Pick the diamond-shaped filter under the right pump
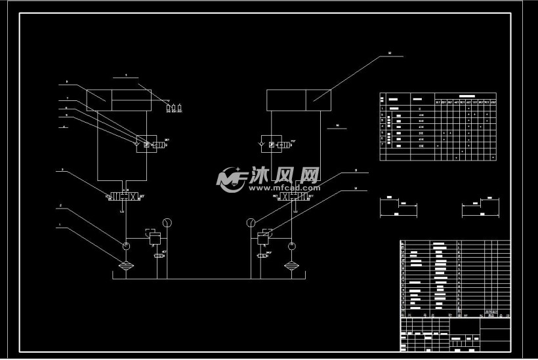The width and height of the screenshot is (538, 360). pyautogui.click(x=291, y=266)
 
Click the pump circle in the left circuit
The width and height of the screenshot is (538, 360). pyautogui.click(x=126, y=245)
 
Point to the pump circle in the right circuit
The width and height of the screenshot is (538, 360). pyautogui.click(x=291, y=245)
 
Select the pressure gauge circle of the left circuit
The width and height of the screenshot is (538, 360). pyautogui.click(x=167, y=222)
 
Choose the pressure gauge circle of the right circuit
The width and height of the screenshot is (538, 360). pyautogui.click(x=251, y=223)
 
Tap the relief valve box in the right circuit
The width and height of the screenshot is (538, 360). pyautogui.click(x=265, y=237)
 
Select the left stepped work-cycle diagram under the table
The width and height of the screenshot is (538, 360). pyautogui.click(x=399, y=207)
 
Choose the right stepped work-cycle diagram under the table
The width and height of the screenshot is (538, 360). pyautogui.click(x=480, y=207)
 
